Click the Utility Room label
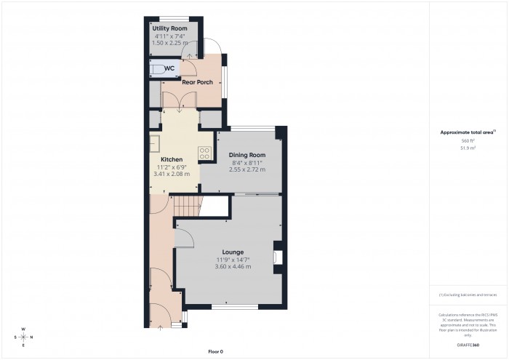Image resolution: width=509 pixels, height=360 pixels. pyautogui.click(x=164, y=28)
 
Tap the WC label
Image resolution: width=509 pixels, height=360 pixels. pyautogui.click(x=169, y=69)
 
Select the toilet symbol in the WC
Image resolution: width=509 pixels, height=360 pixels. pyautogui.click(x=157, y=69)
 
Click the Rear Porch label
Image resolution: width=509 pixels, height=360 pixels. pyautogui.click(x=197, y=82)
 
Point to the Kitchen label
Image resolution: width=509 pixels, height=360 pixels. pyautogui.click(x=172, y=159)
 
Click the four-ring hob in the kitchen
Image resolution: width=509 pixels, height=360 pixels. pyautogui.click(x=205, y=153)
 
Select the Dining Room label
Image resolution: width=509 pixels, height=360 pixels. pyautogui.click(x=247, y=155)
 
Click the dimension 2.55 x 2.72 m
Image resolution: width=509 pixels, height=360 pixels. pyautogui.click(x=247, y=169)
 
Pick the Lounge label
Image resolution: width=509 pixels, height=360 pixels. pyautogui.click(x=233, y=252)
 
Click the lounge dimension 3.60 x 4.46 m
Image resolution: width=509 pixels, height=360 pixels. pyautogui.click(x=233, y=267)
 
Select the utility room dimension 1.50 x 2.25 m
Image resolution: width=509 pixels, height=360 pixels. pyautogui.click(x=169, y=43)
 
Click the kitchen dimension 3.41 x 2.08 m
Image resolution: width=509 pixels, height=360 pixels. pyautogui.click(x=172, y=174)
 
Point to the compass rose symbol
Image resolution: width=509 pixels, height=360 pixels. pyautogui.click(x=23, y=337)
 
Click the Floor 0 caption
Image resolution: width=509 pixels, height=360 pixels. pyautogui.click(x=215, y=351)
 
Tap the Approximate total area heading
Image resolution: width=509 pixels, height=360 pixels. pyautogui.click(x=468, y=132)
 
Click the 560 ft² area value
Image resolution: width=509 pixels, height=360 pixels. pyautogui.click(x=468, y=141)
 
